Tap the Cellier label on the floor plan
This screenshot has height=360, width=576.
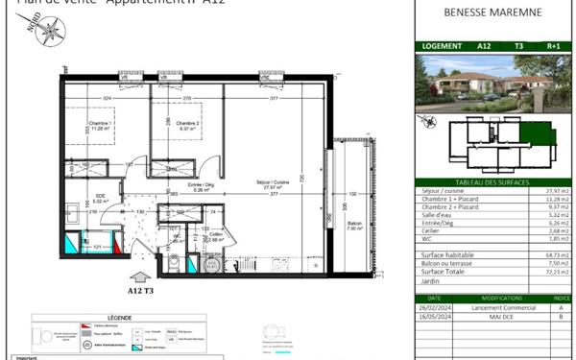click(x=216, y=236)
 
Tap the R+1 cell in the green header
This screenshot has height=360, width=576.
click(x=553, y=45)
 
